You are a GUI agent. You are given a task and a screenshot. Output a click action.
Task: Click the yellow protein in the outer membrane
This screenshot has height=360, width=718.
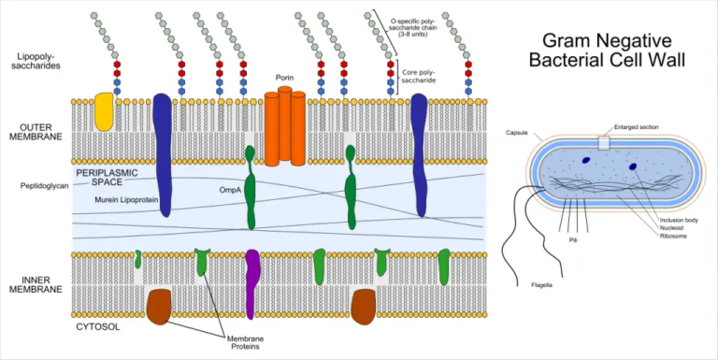(x=104, y=111)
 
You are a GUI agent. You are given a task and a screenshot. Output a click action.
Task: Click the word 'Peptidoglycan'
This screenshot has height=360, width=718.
(x=45, y=186)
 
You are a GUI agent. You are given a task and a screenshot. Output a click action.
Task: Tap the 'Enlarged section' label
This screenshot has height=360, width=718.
(x=637, y=126)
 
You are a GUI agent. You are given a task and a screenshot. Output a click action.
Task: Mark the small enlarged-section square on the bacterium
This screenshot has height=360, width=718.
(x=604, y=143)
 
